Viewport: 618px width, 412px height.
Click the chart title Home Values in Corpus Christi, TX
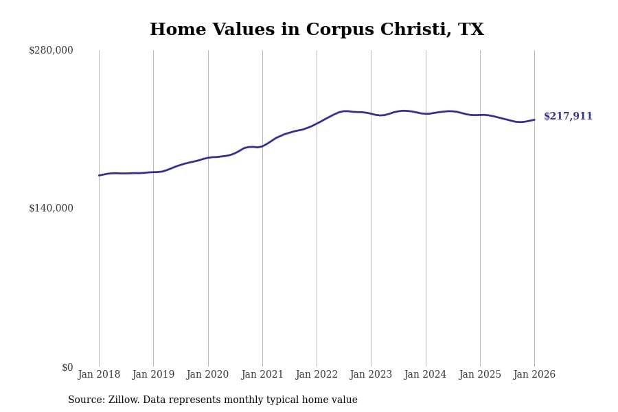pos(317,30)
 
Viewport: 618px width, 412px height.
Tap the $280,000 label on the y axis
pos(51,50)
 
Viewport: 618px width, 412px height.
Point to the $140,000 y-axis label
pos(51,208)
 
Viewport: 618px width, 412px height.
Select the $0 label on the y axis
pos(67,367)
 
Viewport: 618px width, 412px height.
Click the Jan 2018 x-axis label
pos(99,375)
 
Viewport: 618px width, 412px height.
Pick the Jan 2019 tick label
pos(153,375)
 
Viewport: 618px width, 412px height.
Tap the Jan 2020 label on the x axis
pos(207,375)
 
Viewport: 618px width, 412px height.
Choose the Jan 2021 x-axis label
pos(262,375)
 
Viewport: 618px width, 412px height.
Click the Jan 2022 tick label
pos(317,375)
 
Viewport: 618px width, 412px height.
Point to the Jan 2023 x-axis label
pos(371,375)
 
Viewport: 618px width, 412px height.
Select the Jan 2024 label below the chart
pos(425,375)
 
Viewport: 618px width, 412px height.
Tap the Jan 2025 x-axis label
pos(480,375)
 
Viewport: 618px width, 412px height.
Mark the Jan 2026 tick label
pos(534,375)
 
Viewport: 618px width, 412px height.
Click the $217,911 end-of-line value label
pos(568,117)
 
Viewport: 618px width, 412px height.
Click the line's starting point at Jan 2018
pos(99,175)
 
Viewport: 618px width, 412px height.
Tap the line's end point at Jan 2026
pos(534,120)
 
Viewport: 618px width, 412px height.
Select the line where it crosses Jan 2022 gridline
pos(317,124)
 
